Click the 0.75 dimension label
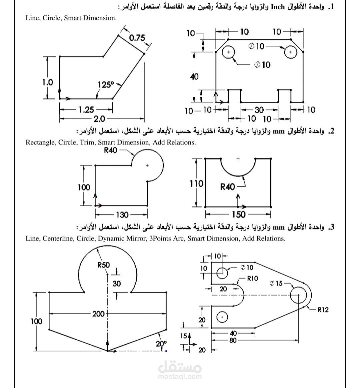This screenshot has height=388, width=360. click(x=137, y=38)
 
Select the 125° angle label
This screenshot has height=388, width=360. click(x=106, y=85)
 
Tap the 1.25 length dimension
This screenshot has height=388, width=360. click(x=86, y=110)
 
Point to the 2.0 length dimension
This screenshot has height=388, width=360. click(x=99, y=119)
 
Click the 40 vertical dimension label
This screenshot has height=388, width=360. click(x=194, y=77)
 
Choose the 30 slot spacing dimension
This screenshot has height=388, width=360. click(x=259, y=110)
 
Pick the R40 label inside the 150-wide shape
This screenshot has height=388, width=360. click(x=228, y=187)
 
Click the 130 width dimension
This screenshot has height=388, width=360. click(x=122, y=215)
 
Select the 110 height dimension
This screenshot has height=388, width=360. click(x=197, y=183)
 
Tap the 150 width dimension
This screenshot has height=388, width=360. click(x=238, y=214)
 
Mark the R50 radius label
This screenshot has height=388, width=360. click(x=103, y=265)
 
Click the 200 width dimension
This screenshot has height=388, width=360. click(x=98, y=314)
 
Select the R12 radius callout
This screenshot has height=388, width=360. click(x=323, y=310)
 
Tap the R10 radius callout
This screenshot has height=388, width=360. click(x=252, y=278)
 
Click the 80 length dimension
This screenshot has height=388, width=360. click(x=233, y=341)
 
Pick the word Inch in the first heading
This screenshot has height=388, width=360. click(x=277, y=7)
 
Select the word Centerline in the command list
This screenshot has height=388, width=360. click(x=58, y=238)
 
